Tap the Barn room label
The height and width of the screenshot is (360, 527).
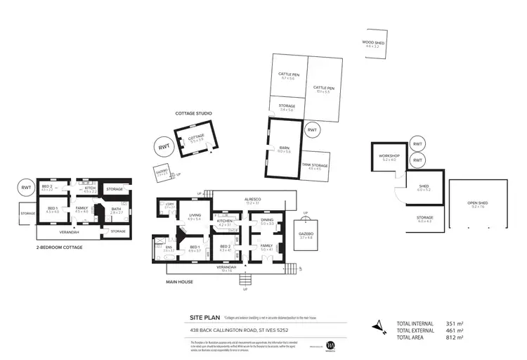284,149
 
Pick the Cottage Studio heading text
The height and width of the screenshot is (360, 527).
193,113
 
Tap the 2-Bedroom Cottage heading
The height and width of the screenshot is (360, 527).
60,248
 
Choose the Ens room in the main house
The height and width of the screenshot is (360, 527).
167,249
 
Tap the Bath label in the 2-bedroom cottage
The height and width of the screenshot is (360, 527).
117,210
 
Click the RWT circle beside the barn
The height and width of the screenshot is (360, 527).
312,130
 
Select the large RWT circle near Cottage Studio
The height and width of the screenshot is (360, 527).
163,147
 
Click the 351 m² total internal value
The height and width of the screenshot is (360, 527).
454,324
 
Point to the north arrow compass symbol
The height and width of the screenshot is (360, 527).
379,326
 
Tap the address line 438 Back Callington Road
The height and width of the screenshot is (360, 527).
239,329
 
